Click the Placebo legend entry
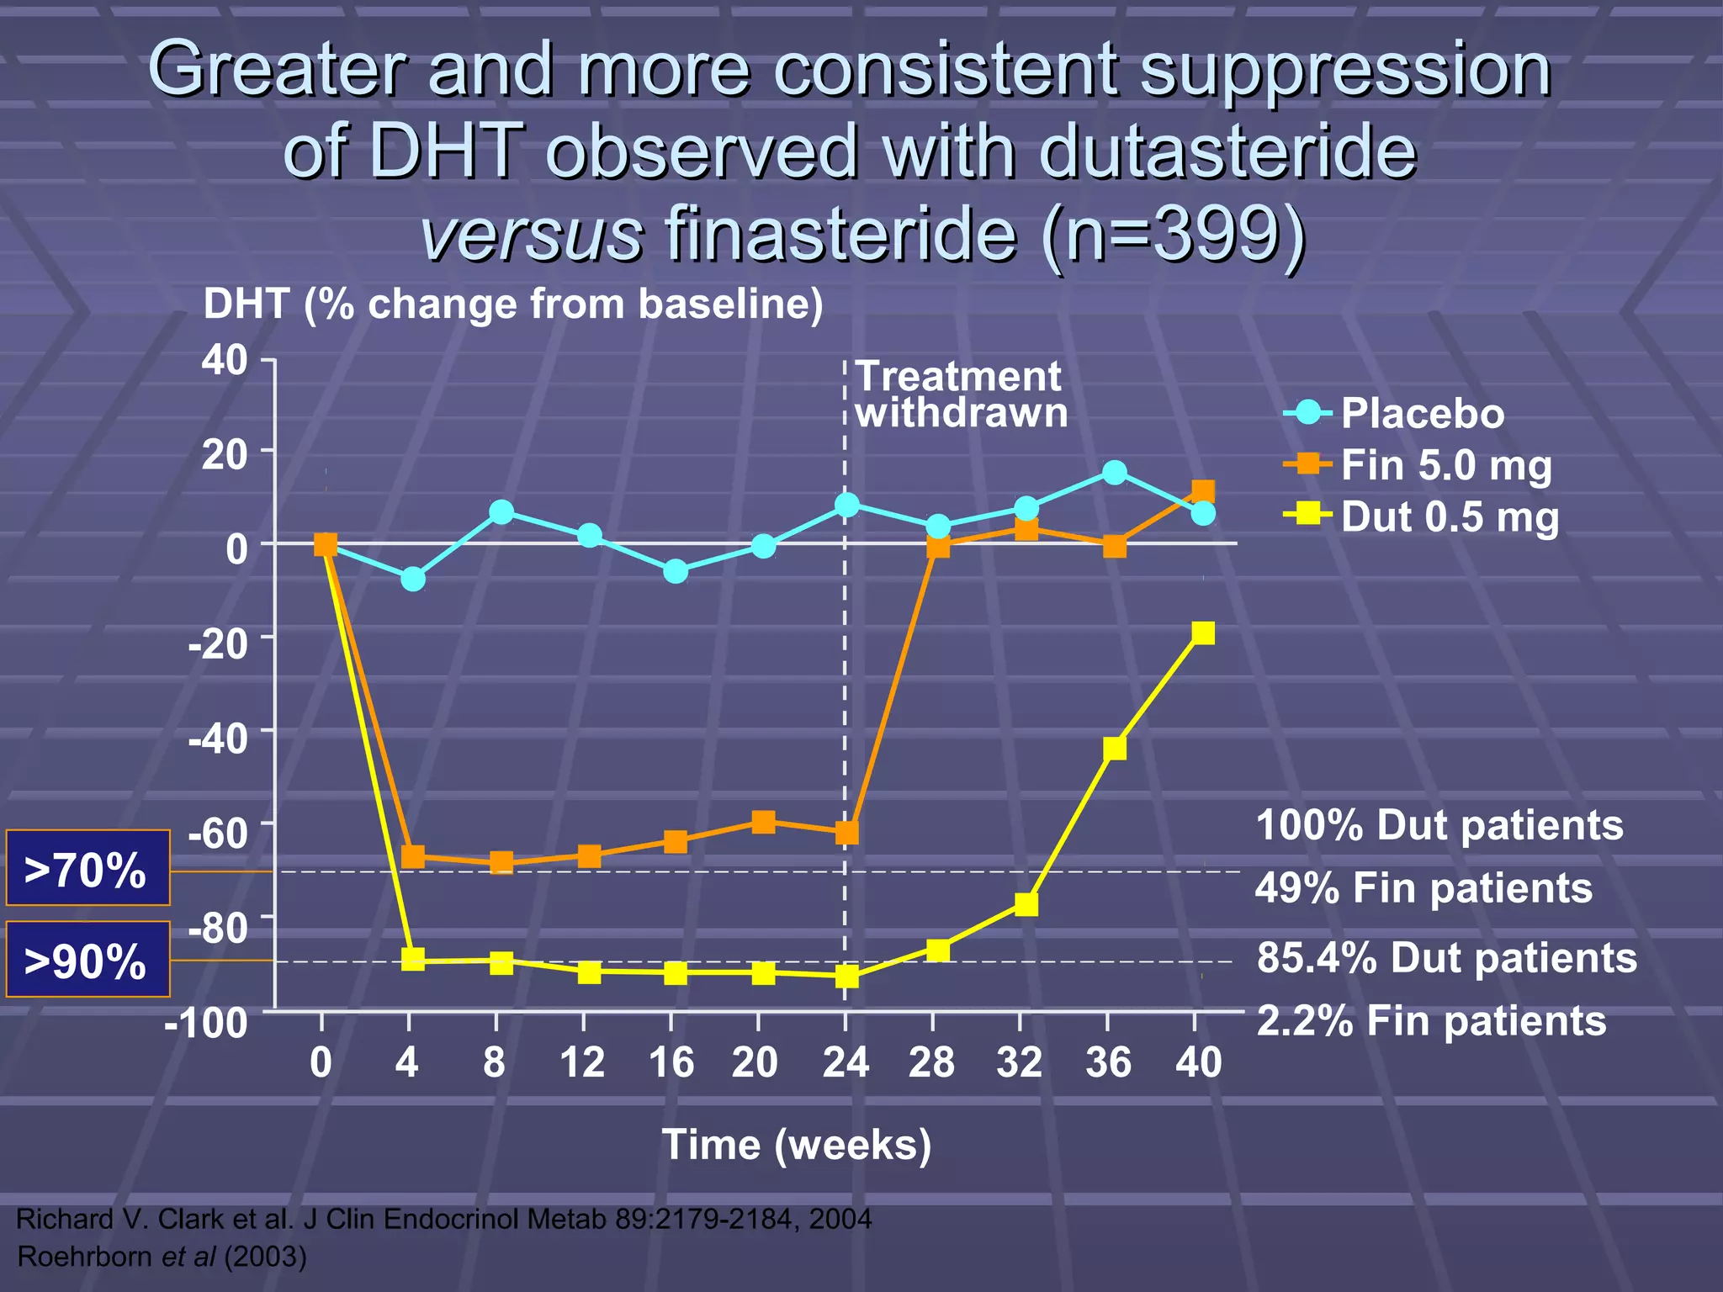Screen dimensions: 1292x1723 pyautogui.click(x=1422, y=414)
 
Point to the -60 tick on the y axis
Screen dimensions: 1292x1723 pyautogui.click(x=218, y=834)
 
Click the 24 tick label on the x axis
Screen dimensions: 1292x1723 pyautogui.click(x=845, y=1062)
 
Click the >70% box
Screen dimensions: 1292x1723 pyautogui.click(x=87, y=869)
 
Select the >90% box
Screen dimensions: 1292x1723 pyautogui.click(x=87, y=960)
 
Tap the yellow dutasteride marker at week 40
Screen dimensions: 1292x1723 pyautogui.click(x=1203, y=633)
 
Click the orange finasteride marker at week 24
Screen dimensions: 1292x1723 pyautogui.click(x=846, y=833)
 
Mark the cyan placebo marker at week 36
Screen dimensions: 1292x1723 pyautogui.click(x=1114, y=473)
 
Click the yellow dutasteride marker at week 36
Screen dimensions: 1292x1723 pyautogui.click(x=1114, y=748)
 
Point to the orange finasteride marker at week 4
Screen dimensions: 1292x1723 pyautogui.click(x=413, y=857)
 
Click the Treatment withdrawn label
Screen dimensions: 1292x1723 pyautogui.click(x=960, y=394)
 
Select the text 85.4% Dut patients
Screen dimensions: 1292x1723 pyautogui.click(x=1446, y=958)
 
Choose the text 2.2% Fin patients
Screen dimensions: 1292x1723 pyautogui.click(x=1431, y=1021)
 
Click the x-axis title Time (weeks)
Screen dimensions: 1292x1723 pyautogui.click(x=796, y=1145)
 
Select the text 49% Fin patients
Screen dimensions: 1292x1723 pyautogui.click(x=1423, y=888)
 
